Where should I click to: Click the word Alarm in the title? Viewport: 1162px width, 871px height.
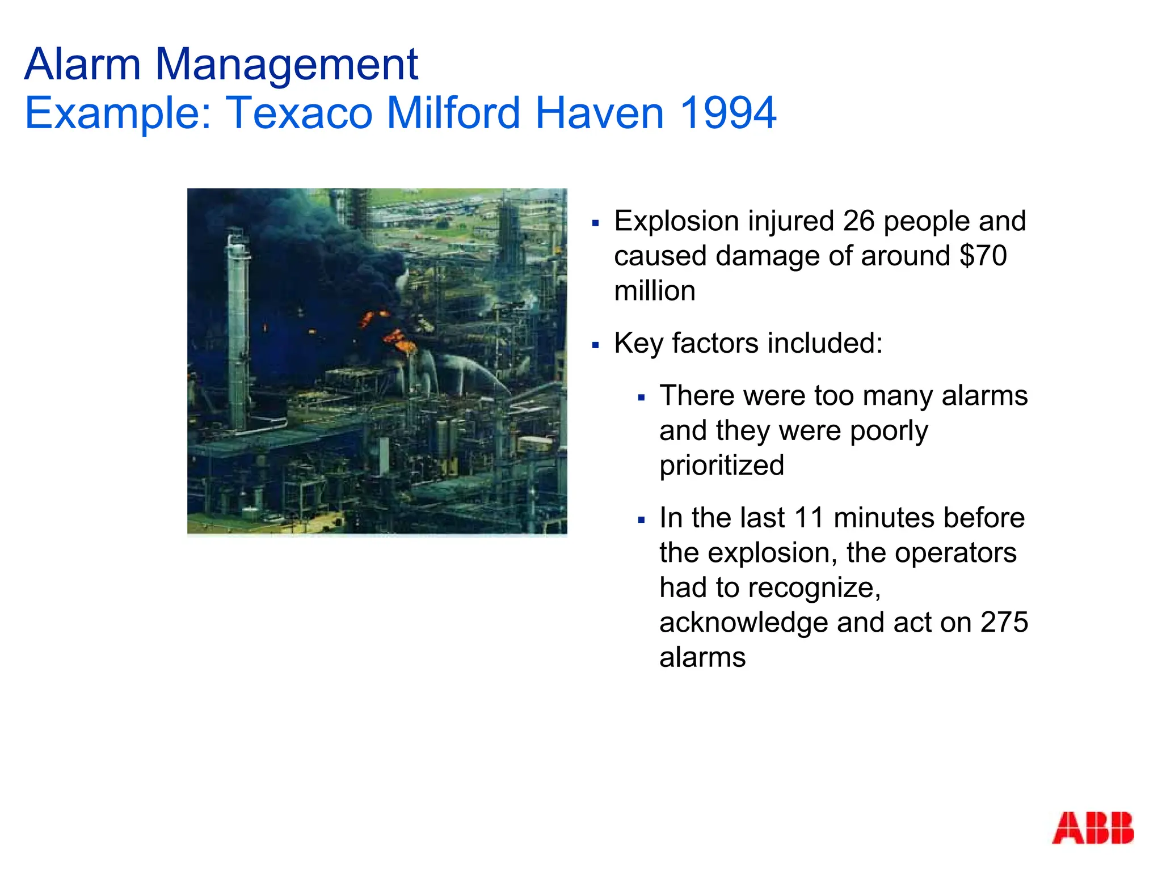pos(82,64)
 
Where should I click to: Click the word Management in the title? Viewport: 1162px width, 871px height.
pos(287,65)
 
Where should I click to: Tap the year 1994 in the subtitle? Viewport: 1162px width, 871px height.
pos(728,112)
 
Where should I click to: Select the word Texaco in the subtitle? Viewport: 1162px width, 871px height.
pos(300,112)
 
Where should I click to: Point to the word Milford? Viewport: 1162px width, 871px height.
pos(453,112)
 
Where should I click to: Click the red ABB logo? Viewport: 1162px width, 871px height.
pos(1092,828)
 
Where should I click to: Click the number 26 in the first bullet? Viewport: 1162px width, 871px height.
pos(859,221)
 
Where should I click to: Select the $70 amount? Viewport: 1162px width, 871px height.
pos(983,256)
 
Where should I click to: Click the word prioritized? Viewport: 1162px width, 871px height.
pos(722,466)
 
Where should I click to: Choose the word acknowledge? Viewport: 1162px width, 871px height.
pos(743,623)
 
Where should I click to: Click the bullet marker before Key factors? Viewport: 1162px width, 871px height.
pos(595,345)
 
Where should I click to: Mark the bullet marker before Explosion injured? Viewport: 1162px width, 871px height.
pos(595,223)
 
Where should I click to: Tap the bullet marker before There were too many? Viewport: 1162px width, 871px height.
pos(641,398)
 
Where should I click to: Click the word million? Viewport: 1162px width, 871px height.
pos(655,291)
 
